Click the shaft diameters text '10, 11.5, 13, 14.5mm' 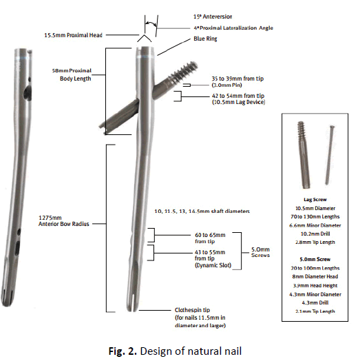pyautogui.click(x=199, y=209)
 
